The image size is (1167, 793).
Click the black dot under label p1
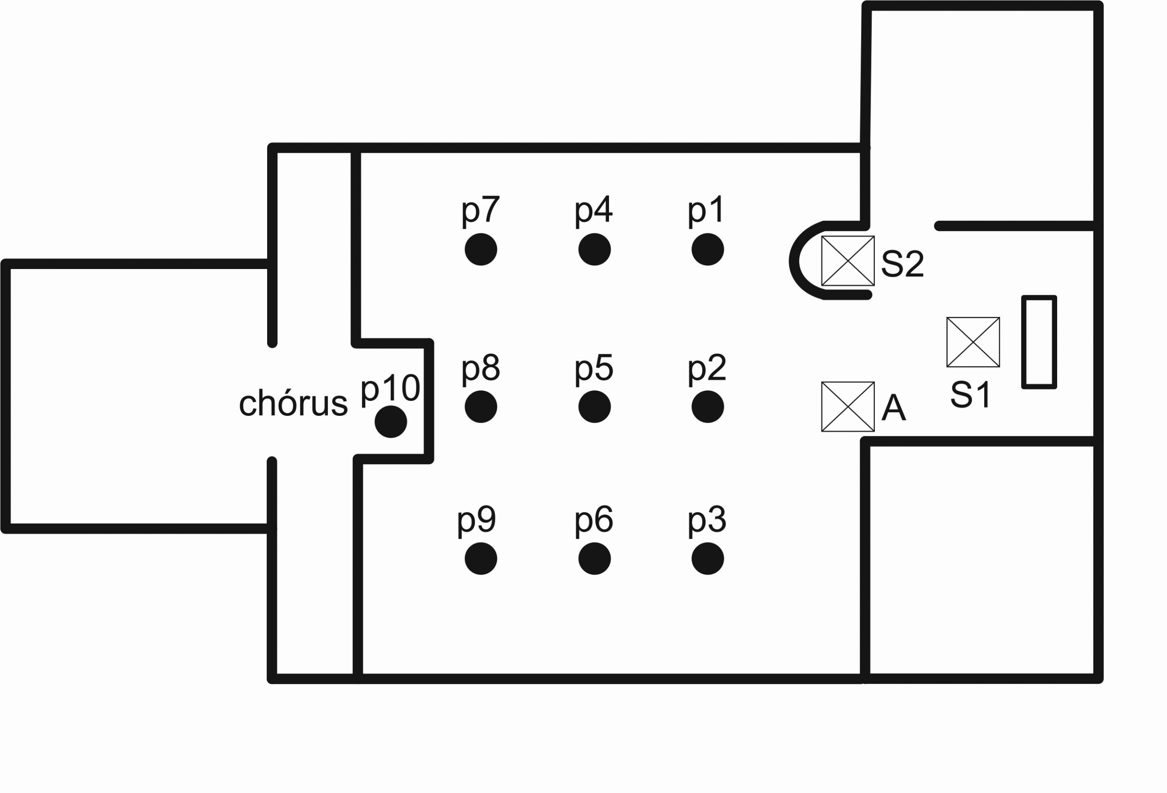707,249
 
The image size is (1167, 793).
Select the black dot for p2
707,406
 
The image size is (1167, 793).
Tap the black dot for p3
707,559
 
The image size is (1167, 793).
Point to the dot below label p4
594,249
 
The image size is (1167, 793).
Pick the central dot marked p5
594,406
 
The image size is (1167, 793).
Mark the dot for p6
594,559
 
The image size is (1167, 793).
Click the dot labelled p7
480,249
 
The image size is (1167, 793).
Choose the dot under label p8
480,406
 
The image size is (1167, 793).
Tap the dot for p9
480,559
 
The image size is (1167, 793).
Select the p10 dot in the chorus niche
391,421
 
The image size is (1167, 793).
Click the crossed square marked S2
847,261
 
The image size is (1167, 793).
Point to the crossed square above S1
973,342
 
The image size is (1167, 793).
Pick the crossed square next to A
847,407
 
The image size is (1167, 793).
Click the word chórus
293,403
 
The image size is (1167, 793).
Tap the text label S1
970,395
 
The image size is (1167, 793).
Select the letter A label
894,408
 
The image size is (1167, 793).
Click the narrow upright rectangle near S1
1039,342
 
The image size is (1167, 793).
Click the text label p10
390,388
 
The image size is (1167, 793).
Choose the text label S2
902,263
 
